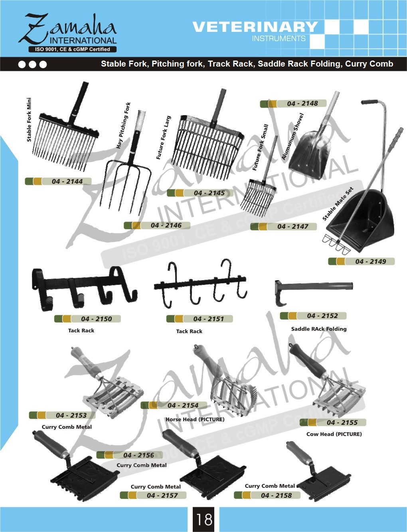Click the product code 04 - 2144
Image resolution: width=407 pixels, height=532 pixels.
(x=67, y=181)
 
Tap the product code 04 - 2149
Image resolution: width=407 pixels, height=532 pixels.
(x=371, y=261)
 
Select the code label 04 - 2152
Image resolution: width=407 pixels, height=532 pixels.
(x=322, y=316)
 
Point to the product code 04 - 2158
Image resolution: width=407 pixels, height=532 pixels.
(x=277, y=495)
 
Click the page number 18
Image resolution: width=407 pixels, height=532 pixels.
(x=204, y=520)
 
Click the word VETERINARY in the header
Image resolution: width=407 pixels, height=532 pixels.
(x=255, y=27)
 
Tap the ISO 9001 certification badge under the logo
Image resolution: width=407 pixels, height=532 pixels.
(x=73, y=49)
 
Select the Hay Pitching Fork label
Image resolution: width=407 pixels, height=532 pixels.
(x=124, y=125)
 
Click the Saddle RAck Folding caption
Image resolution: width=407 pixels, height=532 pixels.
(x=319, y=329)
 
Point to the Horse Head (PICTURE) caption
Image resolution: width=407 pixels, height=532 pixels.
(x=195, y=419)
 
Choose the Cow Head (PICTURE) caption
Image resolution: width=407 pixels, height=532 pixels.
(x=334, y=434)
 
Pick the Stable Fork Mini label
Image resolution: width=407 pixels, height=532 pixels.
(x=29, y=120)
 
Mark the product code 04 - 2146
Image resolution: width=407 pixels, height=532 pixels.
(x=166, y=225)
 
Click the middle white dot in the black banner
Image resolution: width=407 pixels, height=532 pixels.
(x=33, y=65)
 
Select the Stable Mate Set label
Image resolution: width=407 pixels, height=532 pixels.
(x=338, y=204)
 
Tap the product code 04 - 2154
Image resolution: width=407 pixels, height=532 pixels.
(x=183, y=405)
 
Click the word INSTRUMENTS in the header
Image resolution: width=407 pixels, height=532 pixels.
(x=279, y=39)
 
